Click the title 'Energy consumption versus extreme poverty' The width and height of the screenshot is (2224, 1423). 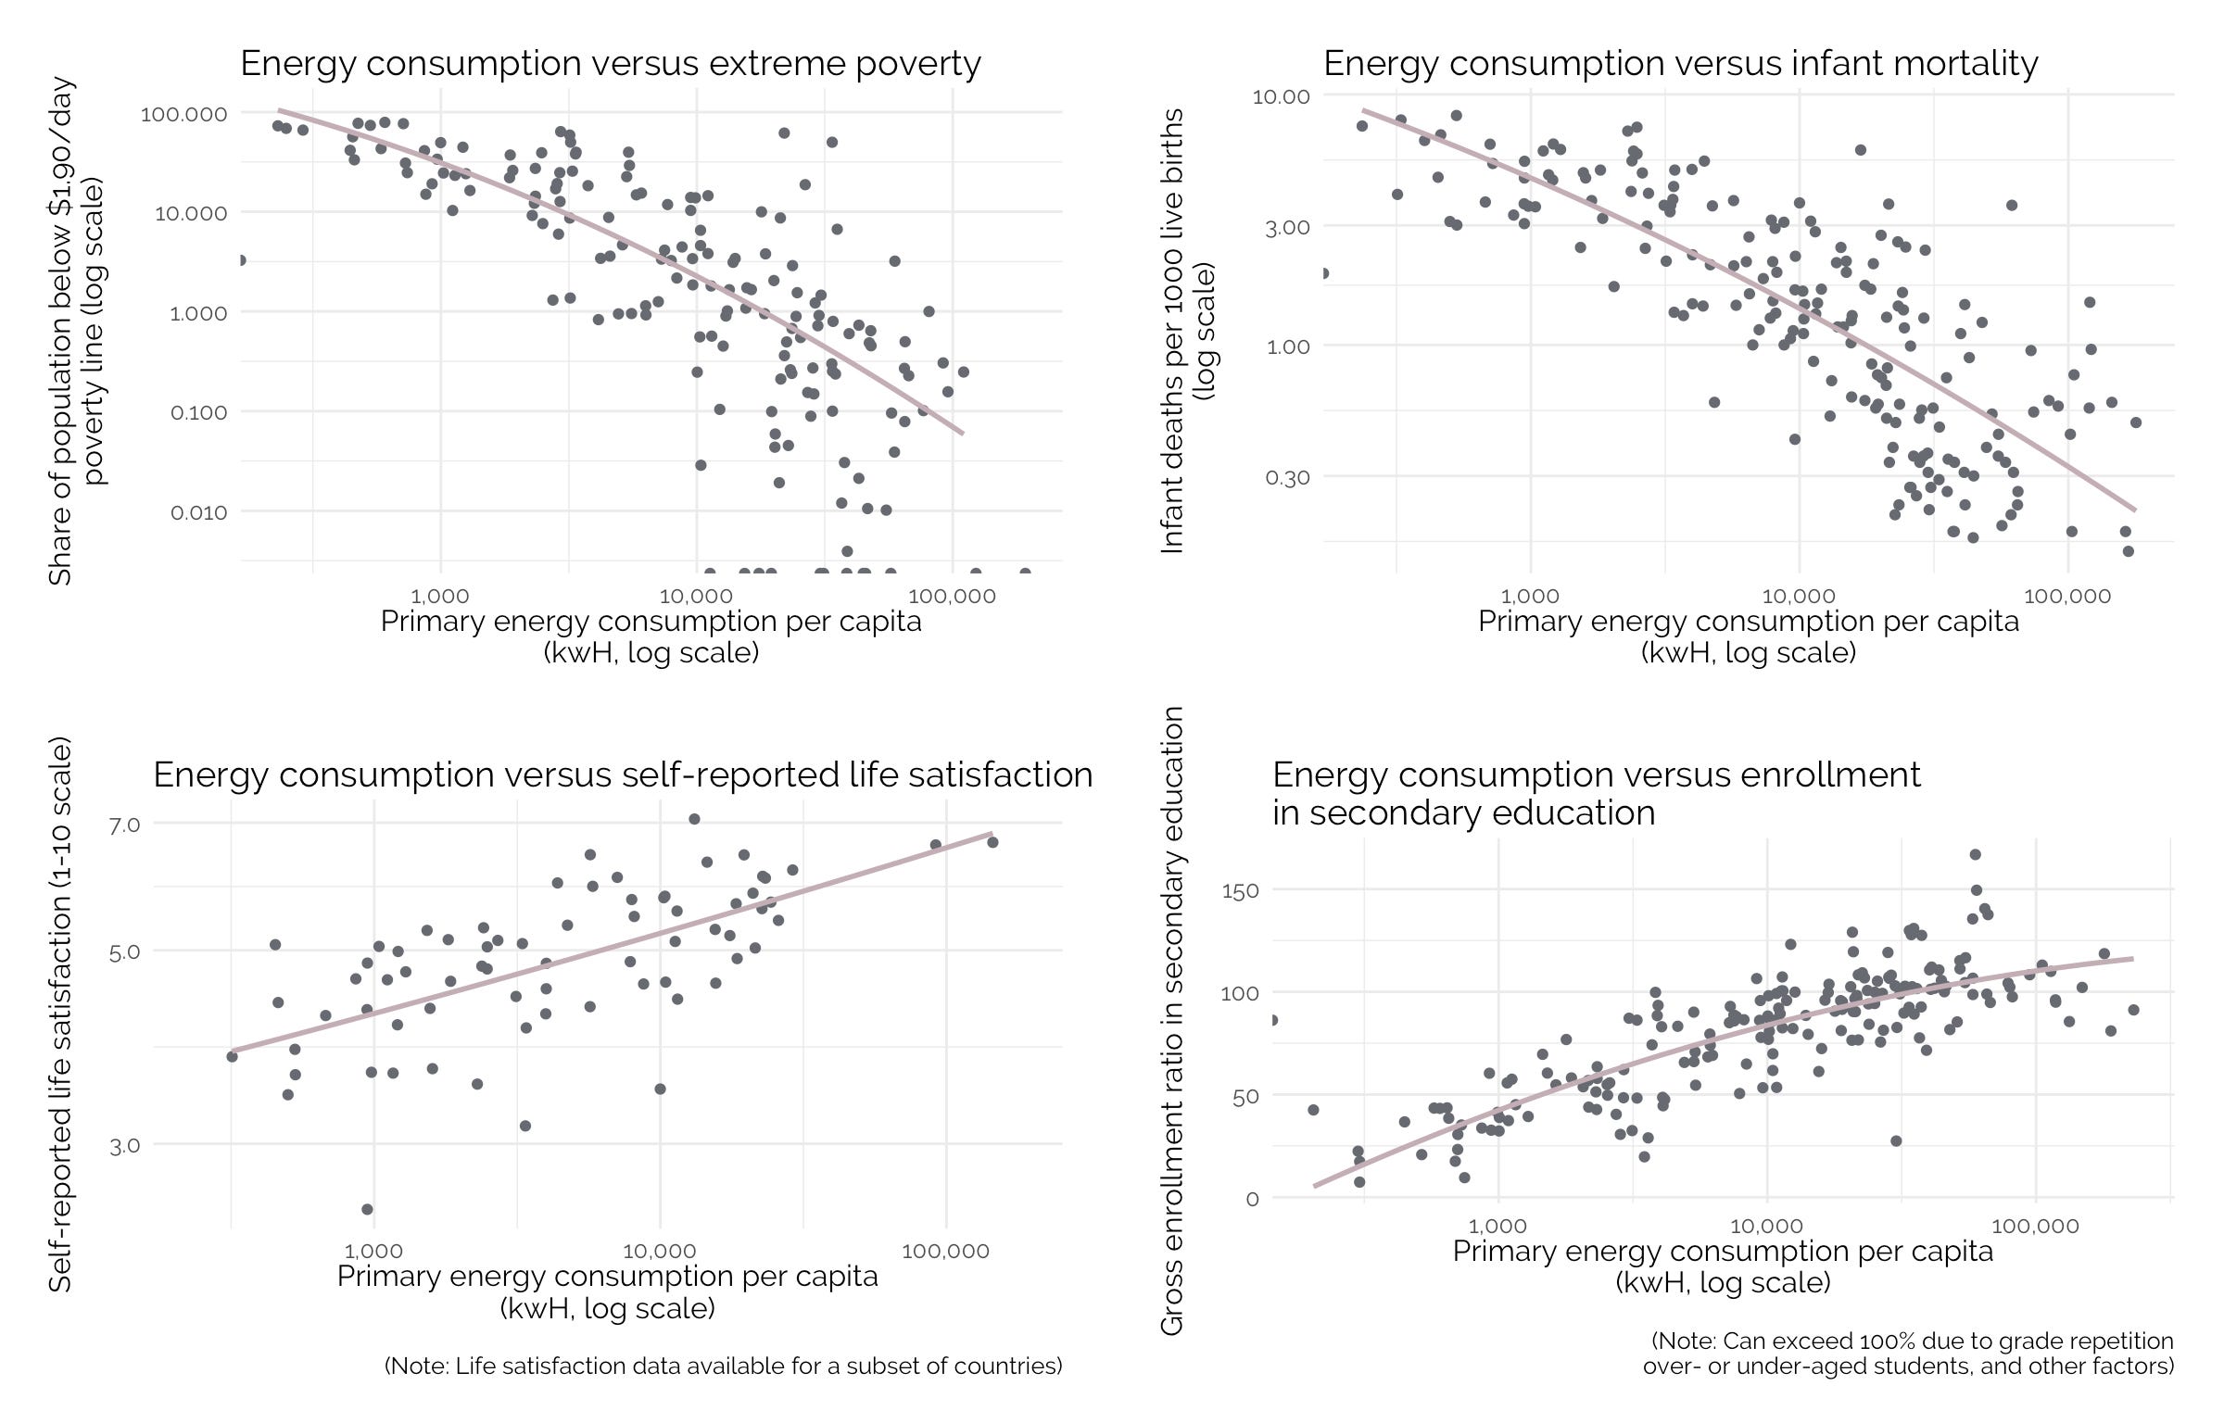[x=610, y=64]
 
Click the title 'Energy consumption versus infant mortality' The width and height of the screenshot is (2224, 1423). [x=1680, y=64]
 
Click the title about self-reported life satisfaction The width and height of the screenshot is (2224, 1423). [x=623, y=774]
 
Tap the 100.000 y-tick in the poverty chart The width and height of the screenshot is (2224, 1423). [x=183, y=114]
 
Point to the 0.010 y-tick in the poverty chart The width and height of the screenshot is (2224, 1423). [x=198, y=512]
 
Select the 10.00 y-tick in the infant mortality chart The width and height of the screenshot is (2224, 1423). [x=1281, y=96]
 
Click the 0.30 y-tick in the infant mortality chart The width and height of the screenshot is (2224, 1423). [x=1287, y=478]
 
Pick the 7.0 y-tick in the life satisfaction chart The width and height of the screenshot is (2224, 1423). [x=124, y=825]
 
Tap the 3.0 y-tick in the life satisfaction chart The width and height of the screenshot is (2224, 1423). [x=124, y=1146]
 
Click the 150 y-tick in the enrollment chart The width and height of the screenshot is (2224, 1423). [x=1240, y=891]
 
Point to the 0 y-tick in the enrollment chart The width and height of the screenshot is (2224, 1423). [x=1252, y=1199]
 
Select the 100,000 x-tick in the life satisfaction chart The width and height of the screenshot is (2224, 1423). [x=945, y=1252]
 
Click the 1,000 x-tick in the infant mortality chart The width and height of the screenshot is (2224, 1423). [x=1529, y=597]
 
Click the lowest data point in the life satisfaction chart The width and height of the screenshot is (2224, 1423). [x=367, y=1209]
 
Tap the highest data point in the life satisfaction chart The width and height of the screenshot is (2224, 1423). [x=694, y=819]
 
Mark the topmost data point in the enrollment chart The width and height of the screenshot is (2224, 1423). [x=1975, y=854]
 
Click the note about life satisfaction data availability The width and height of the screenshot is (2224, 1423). [x=723, y=1366]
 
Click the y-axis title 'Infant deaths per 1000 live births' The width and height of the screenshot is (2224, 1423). [x=1173, y=331]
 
